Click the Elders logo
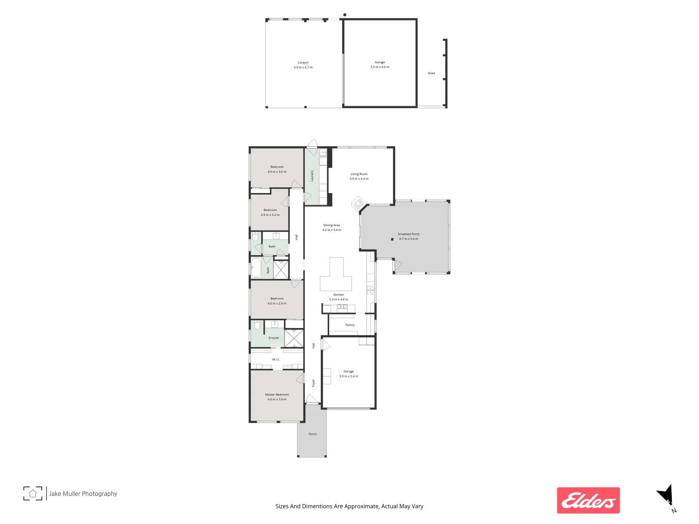tap(588, 500)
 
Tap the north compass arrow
tap(666, 496)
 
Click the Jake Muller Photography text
tap(83, 493)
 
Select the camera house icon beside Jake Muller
tap(33, 493)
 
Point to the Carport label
tap(303, 63)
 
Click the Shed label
tap(431, 73)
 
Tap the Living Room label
tap(359, 174)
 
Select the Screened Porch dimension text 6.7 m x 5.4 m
tap(408, 239)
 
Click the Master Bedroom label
tap(277, 394)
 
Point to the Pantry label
tap(349, 325)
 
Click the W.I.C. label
tap(276, 360)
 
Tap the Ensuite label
tap(274, 338)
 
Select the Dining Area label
tap(332, 225)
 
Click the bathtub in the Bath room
tap(256, 268)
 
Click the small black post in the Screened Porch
tap(392, 239)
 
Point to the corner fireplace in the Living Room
tap(359, 203)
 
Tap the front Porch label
tap(313, 434)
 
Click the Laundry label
tap(312, 176)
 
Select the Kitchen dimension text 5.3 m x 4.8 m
tap(338, 299)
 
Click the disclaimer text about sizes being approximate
tap(349, 506)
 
